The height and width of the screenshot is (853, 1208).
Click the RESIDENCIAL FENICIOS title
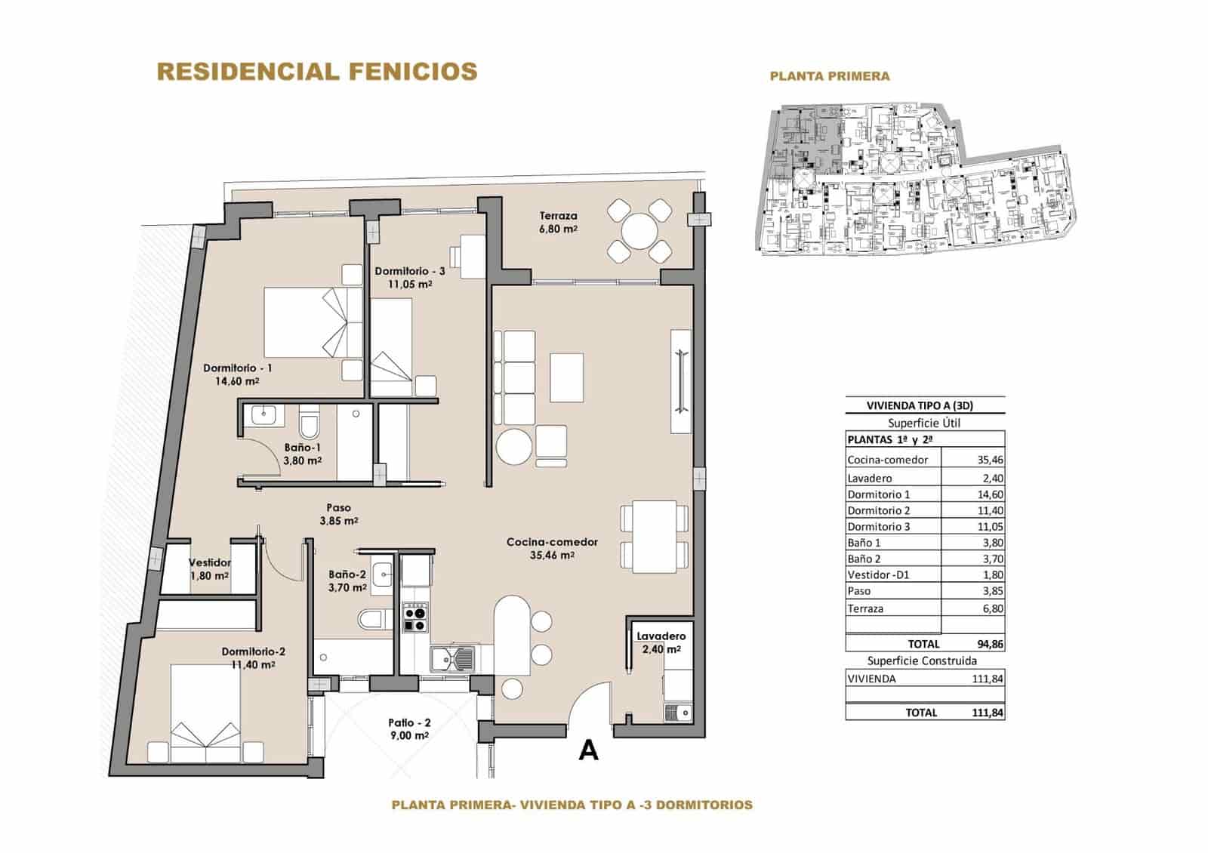(316, 71)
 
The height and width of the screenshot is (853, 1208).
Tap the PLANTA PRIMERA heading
(829, 75)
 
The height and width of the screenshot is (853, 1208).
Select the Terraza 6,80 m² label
(558, 222)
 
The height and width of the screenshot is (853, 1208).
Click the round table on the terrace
(639, 230)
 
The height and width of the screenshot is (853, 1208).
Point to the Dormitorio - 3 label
(409, 271)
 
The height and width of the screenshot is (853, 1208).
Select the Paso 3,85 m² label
(338, 514)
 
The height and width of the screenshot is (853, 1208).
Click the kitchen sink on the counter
(453, 658)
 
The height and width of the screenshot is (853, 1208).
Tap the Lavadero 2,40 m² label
(661, 642)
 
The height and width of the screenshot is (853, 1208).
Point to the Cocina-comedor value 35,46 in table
(989, 460)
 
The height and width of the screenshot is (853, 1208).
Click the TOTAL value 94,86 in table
(989, 644)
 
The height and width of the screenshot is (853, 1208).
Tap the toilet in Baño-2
(371, 619)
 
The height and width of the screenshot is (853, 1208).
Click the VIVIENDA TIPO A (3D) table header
(925, 405)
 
